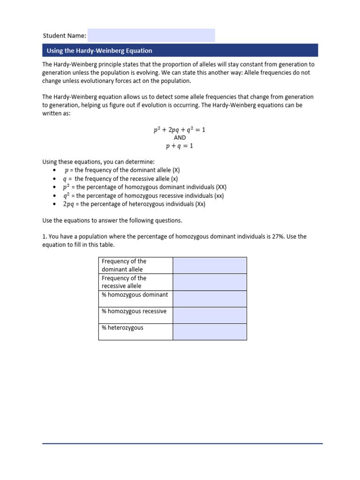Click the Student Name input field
pyautogui.click(x=151, y=35)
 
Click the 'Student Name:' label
pyautogui.click(x=64, y=36)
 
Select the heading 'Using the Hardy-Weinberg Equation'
pyautogui.click(x=99, y=51)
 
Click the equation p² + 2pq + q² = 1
pyautogui.click(x=180, y=130)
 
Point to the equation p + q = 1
pyautogui.click(x=180, y=146)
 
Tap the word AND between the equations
pyautogui.click(x=180, y=138)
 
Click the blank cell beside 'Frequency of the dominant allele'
pyautogui.click(x=210, y=265)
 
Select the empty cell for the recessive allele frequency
pyautogui.click(x=210, y=282)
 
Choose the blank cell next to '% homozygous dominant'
pyautogui.click(x=210, y=299)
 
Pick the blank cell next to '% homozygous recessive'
pyautogui.click(x=210, y=315)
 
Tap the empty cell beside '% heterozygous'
pyautogui.click(x=210, y=331)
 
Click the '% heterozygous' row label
pyautogui.click(x=122, y=328)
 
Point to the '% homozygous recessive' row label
pyautogui.click(x=134, y=311)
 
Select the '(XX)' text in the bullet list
pyautogui.click(x=221, y=187)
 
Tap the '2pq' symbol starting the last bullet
pyautogui.click(x=69, y=204)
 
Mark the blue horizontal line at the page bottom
pyautogui.click(x=182, y=443)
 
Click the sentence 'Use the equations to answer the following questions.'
pyautogui.click(x=112, y=220)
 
